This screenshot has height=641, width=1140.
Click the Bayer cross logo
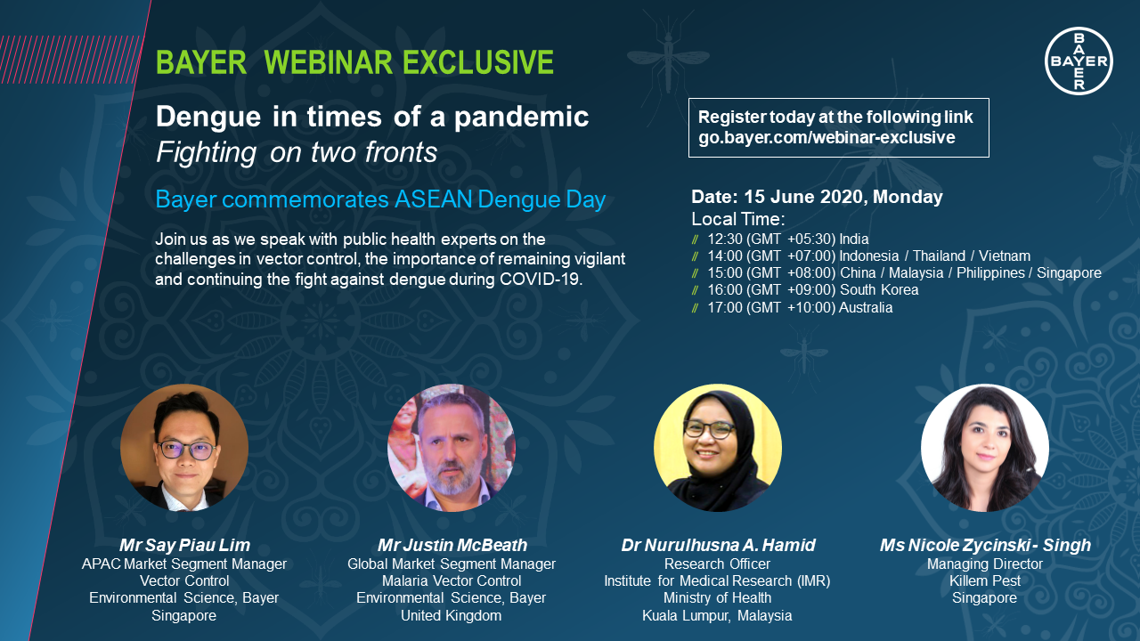(1079, 61)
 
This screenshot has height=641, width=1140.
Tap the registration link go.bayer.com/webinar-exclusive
(826, 138)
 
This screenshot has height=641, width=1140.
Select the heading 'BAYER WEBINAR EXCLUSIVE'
(354, 62)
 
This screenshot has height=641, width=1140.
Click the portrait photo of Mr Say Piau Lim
(184, 448)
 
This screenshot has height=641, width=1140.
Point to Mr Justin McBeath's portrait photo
(452, 448)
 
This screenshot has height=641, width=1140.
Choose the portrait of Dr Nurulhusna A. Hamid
(718, 448)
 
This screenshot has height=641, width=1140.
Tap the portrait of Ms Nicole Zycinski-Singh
(985, 448)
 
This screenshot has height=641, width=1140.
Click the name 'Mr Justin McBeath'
(452, 545)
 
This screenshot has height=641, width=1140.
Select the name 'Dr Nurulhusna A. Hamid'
(718, 545)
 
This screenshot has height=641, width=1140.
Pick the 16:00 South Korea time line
(812, 290)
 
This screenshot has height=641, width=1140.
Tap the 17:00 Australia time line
(799, 308)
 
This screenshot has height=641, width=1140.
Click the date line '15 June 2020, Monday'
(817, 197)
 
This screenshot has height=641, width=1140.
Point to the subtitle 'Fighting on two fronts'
(297, 153)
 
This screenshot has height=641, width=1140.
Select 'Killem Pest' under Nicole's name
(984, 581)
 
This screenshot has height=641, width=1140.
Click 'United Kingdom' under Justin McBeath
(451, 616)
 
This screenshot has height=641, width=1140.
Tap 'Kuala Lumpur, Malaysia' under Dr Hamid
(717, 616)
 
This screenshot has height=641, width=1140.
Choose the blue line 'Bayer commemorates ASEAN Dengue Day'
(380, 199)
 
